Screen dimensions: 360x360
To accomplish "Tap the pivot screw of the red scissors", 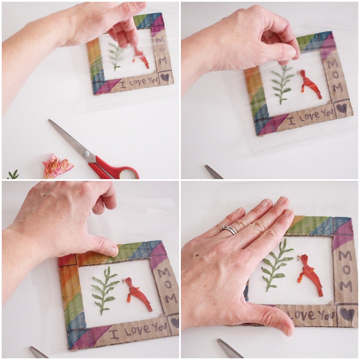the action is (x=86, y=153).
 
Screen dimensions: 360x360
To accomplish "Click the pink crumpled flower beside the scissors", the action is (x=57, y=166).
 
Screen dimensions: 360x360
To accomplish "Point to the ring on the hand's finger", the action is (x=228, y=229).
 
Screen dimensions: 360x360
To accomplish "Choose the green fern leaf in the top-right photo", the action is (x=281, y=84).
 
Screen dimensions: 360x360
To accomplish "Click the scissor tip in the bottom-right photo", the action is (x=219, y=340).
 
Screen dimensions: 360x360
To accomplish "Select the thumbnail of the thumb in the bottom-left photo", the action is (x=114, y=251).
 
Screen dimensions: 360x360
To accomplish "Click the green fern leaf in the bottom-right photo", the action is (x=276, y=264).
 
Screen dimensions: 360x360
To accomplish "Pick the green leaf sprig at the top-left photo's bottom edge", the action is (x=13, y=174).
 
